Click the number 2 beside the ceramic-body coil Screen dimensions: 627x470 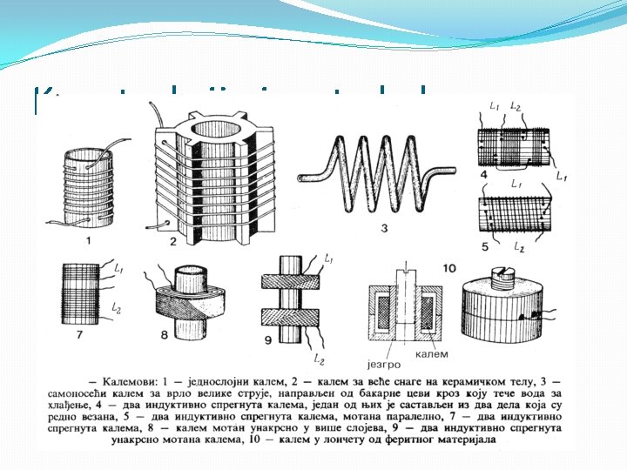173,241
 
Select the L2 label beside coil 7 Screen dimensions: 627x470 118,311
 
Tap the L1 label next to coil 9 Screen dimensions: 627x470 328,258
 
